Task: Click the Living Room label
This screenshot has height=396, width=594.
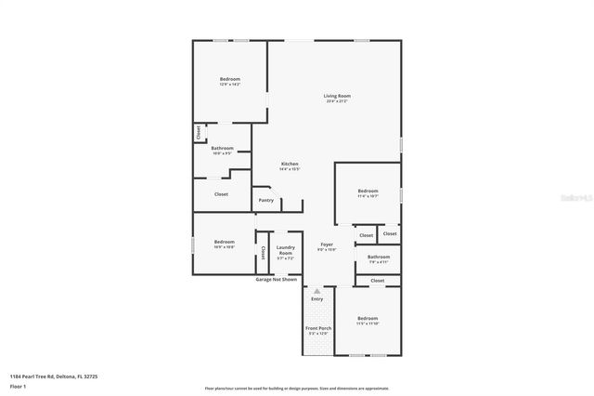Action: (337, 96)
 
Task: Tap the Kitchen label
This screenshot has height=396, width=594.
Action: (290, 165)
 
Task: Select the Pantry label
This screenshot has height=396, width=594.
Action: (266, 199)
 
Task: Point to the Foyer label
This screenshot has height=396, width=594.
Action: (327, 244)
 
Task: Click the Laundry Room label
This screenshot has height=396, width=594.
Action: (285, 250)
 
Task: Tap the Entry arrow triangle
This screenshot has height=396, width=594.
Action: (316, 291)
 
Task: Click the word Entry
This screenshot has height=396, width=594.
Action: (317, 298)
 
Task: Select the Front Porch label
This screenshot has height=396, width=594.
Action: (317, 328)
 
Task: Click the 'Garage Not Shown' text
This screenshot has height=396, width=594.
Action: (278, 279)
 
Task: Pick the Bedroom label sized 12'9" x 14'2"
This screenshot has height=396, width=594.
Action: (230, 80)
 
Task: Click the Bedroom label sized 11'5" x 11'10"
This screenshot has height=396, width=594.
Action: (368, 319)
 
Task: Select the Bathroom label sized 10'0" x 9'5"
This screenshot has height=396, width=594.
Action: (222, 149)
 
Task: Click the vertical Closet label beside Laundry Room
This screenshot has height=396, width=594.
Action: (264, 252)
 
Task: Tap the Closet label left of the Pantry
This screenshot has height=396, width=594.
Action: (221, 194)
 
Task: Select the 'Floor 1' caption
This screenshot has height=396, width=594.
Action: (17, 385)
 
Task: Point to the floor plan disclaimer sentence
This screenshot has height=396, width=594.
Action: (296, 388)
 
